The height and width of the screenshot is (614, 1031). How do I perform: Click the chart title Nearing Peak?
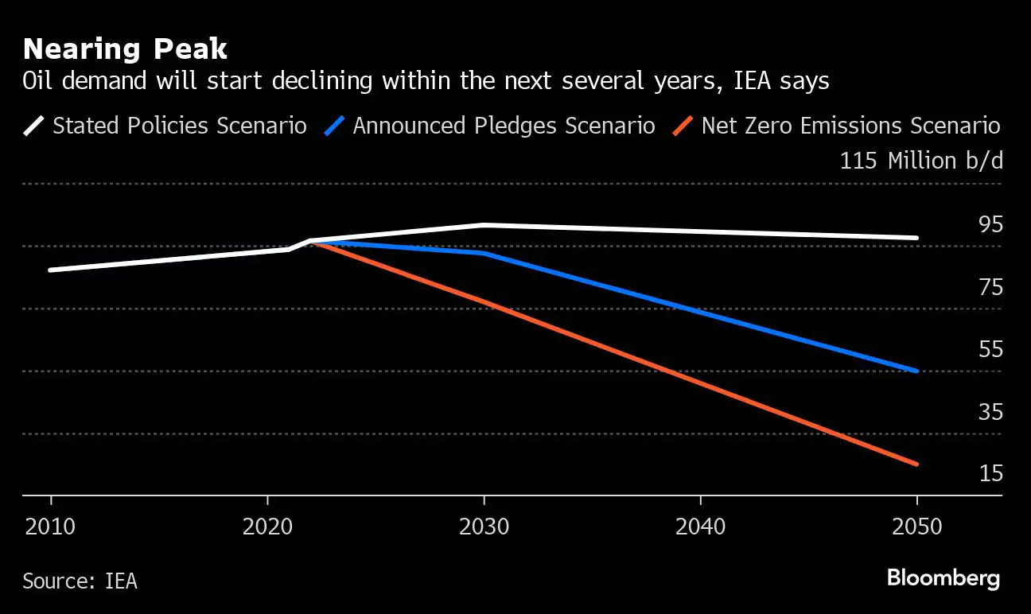click(x=125, y=49)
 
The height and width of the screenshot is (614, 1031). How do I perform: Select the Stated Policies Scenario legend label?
click(x=179, y=126)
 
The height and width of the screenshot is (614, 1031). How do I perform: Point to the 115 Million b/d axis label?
click(x=921, y=161)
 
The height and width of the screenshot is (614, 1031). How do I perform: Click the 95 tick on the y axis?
click(x=990, y=225)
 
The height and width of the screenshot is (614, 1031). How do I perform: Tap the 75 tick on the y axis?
click(x=990, y=287)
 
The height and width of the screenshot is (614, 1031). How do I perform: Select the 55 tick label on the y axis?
click(x=990, y=349)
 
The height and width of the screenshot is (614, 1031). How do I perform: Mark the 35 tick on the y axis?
click(x=990, y=412)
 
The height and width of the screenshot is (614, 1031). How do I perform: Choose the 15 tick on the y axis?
click(x=990, y=474)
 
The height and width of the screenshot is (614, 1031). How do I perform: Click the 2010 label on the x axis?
click(x=51, y=527)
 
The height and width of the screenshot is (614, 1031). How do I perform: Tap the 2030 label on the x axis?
click(x=484, y=527)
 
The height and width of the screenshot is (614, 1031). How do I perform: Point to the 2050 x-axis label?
click(x=916, y=527)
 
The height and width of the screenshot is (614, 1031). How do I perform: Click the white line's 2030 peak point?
click(x=484, y=225)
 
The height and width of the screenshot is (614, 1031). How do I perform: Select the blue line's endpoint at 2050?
click(x=916, y=371)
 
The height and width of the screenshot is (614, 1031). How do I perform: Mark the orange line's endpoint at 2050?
click(x=916, y=464)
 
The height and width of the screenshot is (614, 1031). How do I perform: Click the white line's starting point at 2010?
click(x=51, y=270)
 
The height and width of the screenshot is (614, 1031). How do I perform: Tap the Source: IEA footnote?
click(x=80, y=581)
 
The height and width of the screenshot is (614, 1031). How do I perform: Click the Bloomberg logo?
click(x=943, y=578)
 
